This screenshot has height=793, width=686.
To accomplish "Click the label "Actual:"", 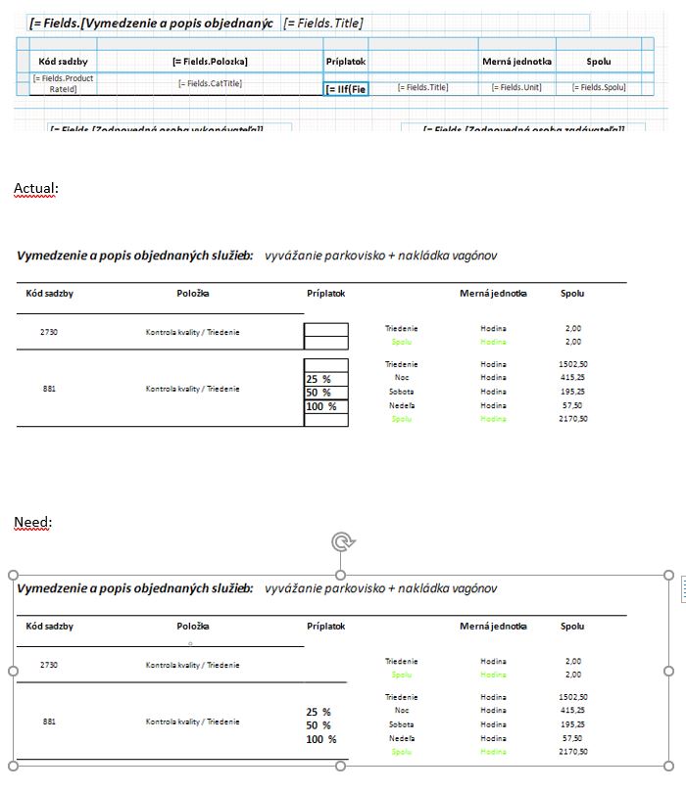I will click(x=34, y=187).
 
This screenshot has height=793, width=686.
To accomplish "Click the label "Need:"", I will click(x=31, y=522).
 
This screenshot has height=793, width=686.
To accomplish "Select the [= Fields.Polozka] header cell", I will click(x=210, y=61).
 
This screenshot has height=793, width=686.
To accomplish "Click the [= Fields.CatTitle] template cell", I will click(x=210, y=84).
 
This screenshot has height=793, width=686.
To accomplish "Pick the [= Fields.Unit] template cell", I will click(x=516, y=87).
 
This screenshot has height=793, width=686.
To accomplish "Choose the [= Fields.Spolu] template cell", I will click(x=600, y=87).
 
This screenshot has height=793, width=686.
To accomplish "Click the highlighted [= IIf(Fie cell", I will click(x=346, y=89).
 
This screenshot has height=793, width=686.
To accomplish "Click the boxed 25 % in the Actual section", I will click(x=319, y=379).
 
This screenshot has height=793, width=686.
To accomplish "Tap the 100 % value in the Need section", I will click(x=321, y=739).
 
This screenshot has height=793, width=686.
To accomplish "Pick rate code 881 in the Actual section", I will click(x=49, y=389).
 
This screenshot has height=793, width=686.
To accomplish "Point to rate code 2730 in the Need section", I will click(x=49, y=665).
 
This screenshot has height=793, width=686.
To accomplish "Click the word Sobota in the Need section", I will click(x=401, y=724).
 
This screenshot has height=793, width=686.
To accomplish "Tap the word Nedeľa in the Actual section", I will click(x=401, y=405).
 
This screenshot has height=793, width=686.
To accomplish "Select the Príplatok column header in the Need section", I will click(x=325, y=626).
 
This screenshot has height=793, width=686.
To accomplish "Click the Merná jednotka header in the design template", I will click(x=516, y=61).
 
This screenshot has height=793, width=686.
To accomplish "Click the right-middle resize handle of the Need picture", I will click(x=668, y=671).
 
